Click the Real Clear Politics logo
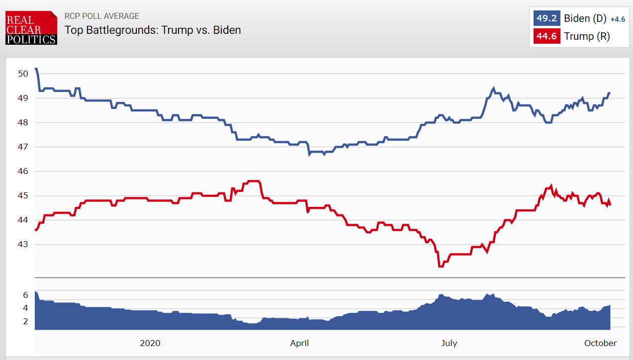coord(31,28)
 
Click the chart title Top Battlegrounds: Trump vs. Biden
coord(153,30)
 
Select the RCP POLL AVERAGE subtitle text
coord(102,16)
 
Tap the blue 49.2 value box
coord(545,19)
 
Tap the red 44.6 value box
coord(545,36)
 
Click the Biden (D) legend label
coord(585,19)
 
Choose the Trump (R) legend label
coord(587,36)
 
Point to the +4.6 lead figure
coord(617,19)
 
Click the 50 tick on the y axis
coord(23,74)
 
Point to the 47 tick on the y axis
coord(23,147)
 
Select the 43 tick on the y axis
coord(23,245)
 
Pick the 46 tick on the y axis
coord(23,172)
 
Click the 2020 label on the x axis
coord(150,343)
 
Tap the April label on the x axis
coord(299,343)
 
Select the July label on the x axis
coord(449,343)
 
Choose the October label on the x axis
coord(600,343)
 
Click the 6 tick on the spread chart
coord(25,295)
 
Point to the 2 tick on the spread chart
coord(25,321)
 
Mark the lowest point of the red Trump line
coord(440,267)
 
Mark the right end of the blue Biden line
coord(610,93)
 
